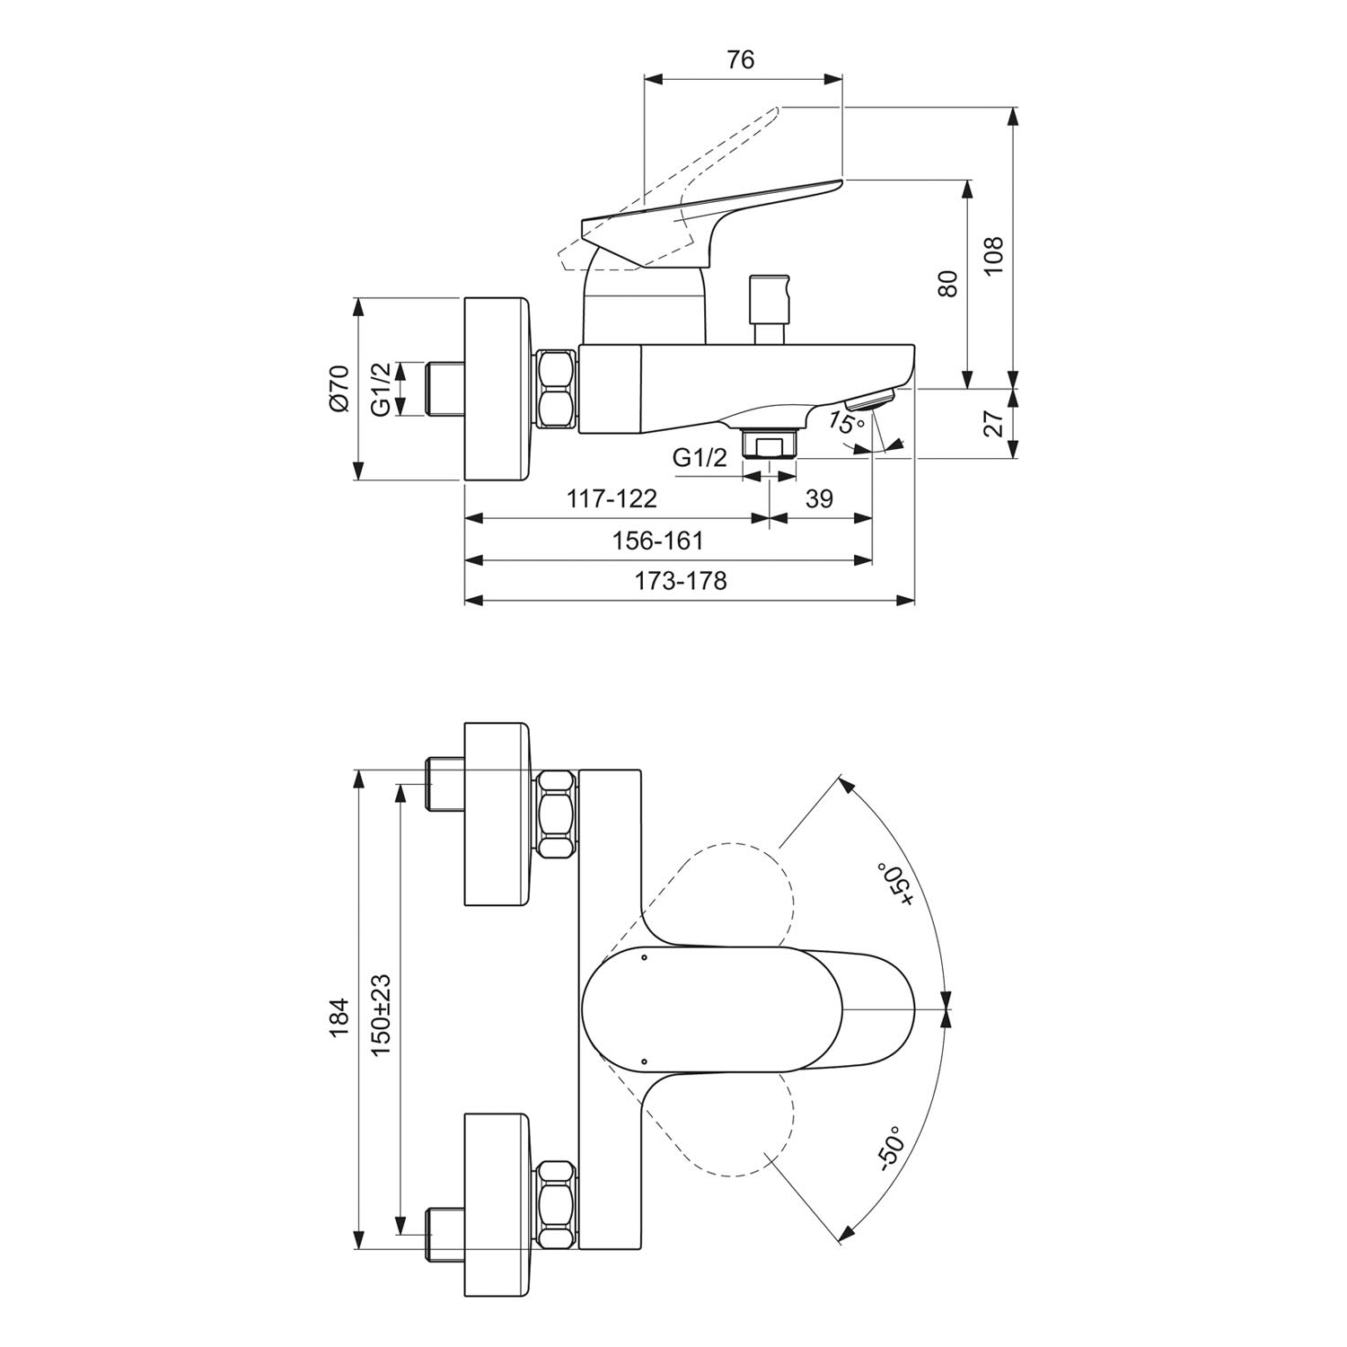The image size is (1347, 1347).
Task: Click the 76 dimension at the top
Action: point(741,59)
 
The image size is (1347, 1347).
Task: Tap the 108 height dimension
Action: point(992,257)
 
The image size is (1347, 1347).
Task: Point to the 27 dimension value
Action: point(992,423)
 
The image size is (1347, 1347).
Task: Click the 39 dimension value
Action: point(818,498)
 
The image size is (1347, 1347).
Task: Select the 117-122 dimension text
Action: point(612,498)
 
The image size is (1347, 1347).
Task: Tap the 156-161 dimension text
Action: point(658,541)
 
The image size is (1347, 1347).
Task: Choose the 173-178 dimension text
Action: point(681,581)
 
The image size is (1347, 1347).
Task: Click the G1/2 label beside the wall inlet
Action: point(382,389)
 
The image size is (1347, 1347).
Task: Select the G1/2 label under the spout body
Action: point(700,458)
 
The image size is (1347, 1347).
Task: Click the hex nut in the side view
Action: point(557,389)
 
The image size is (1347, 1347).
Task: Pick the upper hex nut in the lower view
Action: point(557,814)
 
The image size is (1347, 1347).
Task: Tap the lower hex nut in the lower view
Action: point(557,1204)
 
